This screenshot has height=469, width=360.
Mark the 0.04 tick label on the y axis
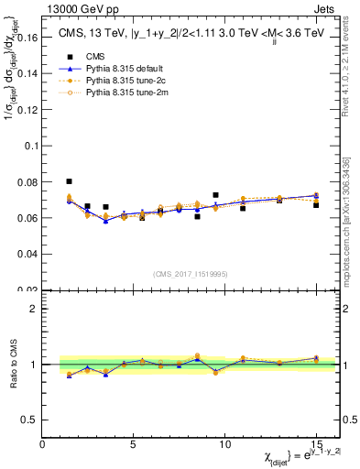[27, 254]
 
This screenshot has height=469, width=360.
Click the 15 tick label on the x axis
[315, 444]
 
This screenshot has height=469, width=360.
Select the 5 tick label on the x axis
[134, 444]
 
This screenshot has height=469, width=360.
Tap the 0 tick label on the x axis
[43, 444]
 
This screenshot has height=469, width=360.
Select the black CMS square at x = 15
[316, 205]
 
